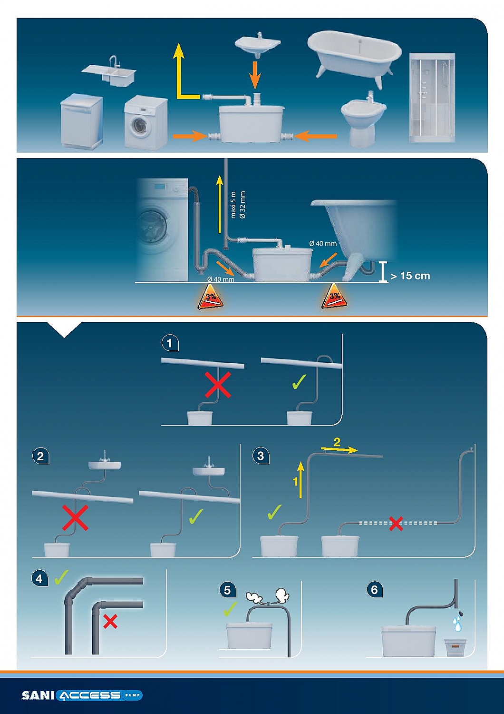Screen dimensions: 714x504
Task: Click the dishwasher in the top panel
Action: tap(81, 121)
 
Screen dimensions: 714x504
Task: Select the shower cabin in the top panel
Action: tap(432, 98)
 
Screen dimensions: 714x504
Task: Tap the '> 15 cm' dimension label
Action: tap(410, 276)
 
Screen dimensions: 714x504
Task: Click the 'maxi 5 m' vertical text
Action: tap(233, 205)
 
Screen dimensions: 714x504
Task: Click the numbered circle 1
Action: tap(170, 343)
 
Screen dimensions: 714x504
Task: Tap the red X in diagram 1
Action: tap(218, 385)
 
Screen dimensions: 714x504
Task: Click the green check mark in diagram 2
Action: tap(195, 516)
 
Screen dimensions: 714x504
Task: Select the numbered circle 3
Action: tap(260, 456)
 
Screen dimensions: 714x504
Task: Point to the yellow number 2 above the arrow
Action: tap(337, 442)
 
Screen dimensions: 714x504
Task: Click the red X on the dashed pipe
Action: tap(396, 524)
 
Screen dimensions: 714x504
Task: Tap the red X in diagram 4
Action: tap(110, 621)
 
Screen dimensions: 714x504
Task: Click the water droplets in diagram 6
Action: tap(457, 623)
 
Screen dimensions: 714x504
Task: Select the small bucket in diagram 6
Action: tap(455, 647)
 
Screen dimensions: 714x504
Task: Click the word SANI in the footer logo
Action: tap(38, 695)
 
